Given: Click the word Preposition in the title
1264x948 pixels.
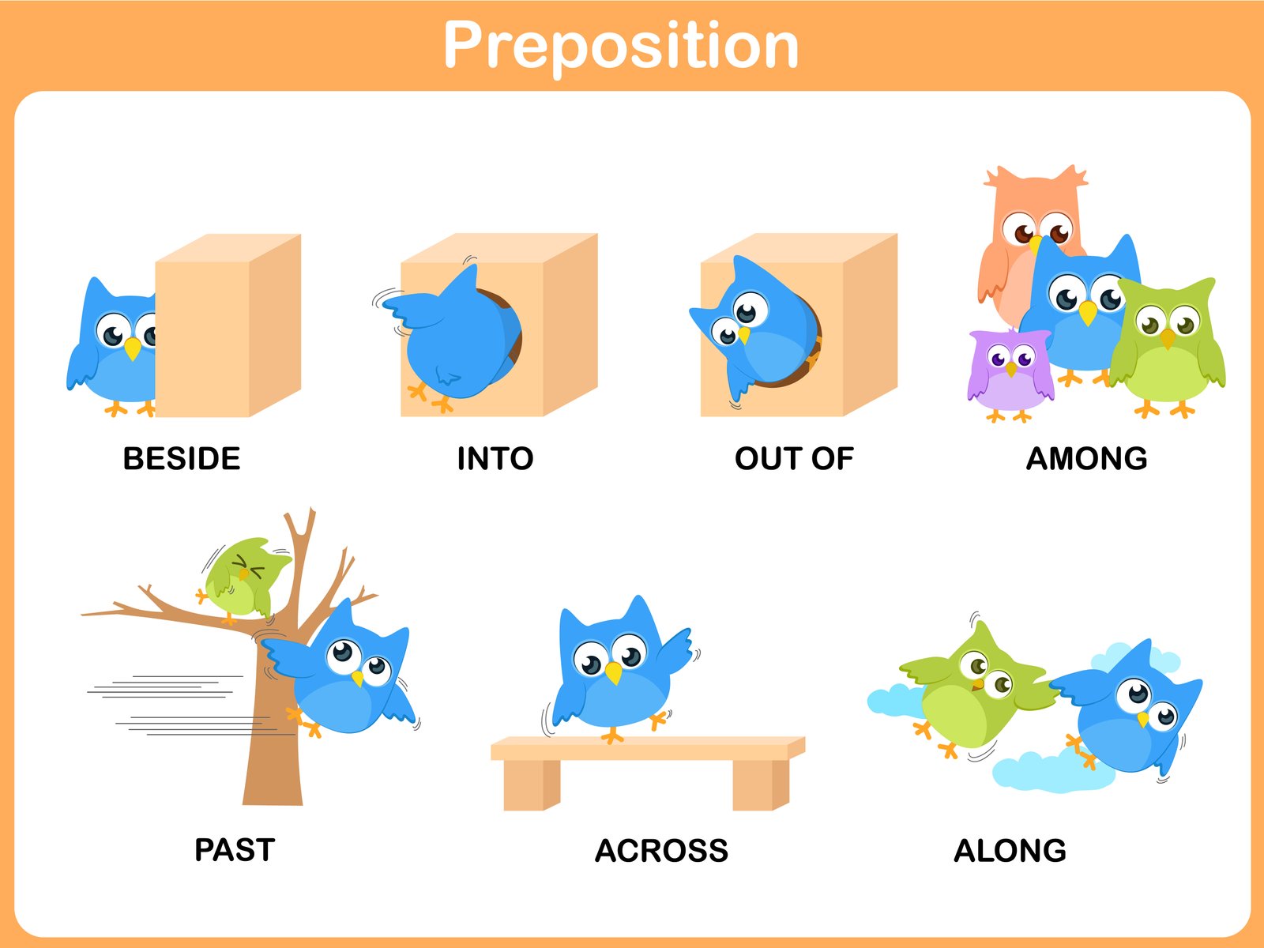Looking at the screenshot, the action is [622, 46].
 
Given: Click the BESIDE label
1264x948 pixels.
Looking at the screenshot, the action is [182, 459].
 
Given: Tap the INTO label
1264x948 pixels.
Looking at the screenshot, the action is [495, 459].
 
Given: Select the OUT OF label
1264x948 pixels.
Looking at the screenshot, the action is [794, 459].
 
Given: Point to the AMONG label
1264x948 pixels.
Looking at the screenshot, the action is [1086, 459].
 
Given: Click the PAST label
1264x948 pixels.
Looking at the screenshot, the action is [235, 850].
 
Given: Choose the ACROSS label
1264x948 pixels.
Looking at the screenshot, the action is [661, 851].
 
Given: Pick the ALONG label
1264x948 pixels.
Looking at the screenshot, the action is [1010, 851].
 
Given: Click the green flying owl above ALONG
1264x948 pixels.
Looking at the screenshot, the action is [979, 690].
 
